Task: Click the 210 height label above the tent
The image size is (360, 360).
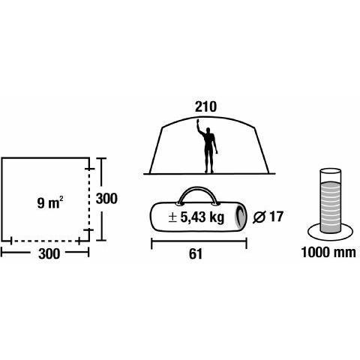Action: (x=205, y=107)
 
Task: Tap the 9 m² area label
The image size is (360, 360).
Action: (x=50, y=202)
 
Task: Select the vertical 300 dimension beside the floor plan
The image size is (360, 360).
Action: (x=106, y=199)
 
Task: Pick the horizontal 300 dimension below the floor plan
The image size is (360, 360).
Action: (x=49, y=253)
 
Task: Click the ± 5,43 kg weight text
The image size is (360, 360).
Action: (x=196, y=217)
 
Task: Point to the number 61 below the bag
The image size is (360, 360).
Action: (x=196, y=254)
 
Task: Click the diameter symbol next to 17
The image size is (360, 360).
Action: (x=259, y=217)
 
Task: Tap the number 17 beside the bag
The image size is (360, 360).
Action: (x=276, y=217)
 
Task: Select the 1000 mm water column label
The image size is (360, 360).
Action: (x=328, y=252)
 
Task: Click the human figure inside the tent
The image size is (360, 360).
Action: (x=208, y=146)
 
